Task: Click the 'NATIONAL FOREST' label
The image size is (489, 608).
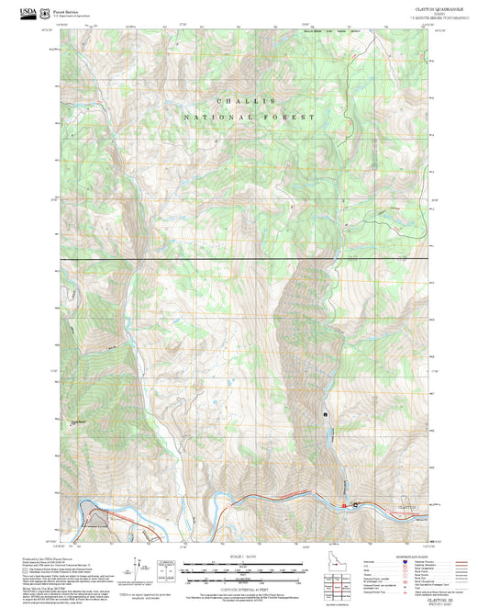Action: pyautogui.click(x=249, y=118)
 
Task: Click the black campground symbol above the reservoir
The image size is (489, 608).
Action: pyautogui.click(x=326, y=414)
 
